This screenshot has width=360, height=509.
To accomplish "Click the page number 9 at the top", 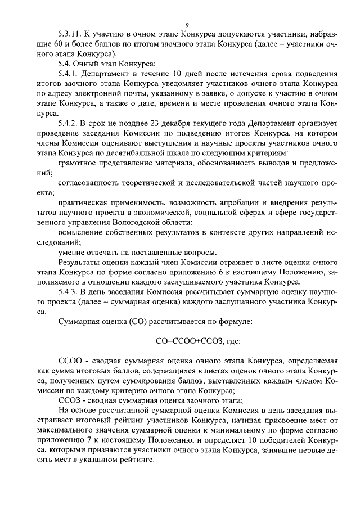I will click(x=187, y=24).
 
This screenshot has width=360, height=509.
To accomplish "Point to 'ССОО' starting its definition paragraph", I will click(x=69, y=359).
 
